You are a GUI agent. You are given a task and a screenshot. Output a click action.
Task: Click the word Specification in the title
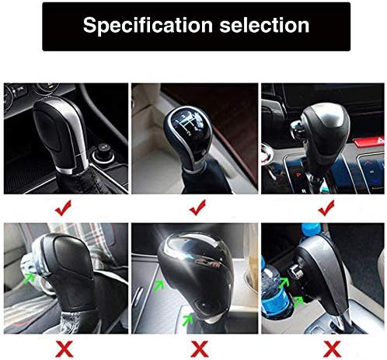(148, 26)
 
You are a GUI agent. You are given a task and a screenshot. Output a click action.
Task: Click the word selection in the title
(264, 26)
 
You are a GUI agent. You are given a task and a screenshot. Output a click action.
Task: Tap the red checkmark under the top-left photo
(63, 208)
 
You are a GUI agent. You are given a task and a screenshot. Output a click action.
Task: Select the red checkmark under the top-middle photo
(197, 208)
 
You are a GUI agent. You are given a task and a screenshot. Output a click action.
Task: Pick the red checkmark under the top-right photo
(326, 208)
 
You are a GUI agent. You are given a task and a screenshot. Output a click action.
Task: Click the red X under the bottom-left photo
(64, 349)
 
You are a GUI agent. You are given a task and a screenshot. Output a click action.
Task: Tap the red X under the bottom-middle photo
(200, 349)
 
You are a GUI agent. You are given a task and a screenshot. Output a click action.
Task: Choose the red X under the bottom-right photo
(332, 349)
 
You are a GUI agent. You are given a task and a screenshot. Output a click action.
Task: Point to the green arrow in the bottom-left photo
(30, 278)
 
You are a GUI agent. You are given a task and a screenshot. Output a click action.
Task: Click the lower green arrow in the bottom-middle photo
(188, 320)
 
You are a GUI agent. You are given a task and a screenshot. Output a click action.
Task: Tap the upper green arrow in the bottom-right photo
(284, 282)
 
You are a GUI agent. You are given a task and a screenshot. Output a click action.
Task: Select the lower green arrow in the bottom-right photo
(298, 302)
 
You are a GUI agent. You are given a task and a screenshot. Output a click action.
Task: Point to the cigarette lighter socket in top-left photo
(103, 153)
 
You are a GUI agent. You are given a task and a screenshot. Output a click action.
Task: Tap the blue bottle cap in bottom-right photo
(312, 229)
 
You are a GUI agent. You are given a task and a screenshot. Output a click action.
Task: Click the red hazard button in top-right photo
(369, 142)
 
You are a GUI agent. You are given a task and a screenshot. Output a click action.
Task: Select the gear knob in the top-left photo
(61, 134)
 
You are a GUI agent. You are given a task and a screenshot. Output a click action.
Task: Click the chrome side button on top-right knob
(297, 128)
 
